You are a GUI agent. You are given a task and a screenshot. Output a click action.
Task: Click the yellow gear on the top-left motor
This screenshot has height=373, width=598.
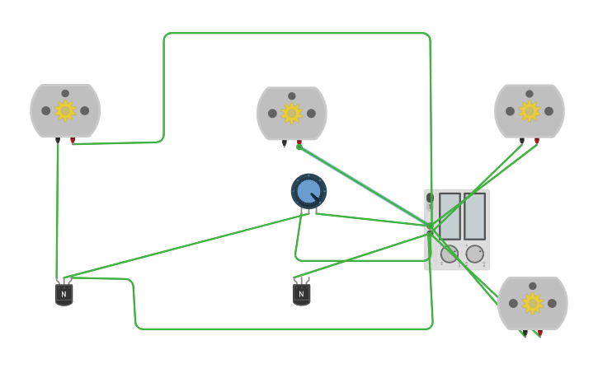(65, 110)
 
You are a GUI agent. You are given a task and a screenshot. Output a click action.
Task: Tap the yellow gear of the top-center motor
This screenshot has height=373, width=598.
(292, 114)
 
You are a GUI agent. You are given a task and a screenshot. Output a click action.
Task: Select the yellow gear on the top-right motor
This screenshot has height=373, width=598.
(530, 110)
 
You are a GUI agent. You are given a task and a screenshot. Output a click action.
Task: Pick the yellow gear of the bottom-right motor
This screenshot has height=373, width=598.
(533, 304)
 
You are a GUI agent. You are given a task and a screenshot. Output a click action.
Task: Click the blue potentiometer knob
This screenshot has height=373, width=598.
(308, 192)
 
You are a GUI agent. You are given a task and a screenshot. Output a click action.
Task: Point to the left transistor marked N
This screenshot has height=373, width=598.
(64, 293)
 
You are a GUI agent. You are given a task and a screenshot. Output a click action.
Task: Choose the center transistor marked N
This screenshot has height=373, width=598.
(301, 293)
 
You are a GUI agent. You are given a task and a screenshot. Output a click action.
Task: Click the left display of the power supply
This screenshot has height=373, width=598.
(450, 216)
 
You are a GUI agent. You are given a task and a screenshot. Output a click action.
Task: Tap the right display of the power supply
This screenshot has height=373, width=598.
(474, 216)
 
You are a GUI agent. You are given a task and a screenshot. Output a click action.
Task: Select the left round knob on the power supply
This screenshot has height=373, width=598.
(450, 254)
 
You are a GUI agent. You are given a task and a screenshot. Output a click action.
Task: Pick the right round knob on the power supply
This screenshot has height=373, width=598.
(475, 254)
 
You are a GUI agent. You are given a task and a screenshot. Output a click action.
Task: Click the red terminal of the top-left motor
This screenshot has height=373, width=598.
(73, 141)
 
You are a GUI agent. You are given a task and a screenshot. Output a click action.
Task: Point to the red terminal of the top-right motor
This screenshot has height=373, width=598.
(537, 141)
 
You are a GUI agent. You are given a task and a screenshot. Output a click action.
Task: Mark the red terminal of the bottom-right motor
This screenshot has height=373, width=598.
(539, 333)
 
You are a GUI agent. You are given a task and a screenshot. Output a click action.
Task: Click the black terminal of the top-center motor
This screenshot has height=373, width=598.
(285, 144)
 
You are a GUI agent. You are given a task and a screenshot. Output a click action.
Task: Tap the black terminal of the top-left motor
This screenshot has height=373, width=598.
(58, 141)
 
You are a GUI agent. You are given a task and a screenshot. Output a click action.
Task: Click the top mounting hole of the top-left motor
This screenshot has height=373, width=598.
(64, 94)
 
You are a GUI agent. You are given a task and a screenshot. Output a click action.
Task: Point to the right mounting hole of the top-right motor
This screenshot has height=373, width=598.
(549, 111)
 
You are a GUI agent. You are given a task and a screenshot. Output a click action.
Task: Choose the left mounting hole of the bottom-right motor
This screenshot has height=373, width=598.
(513, 304)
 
